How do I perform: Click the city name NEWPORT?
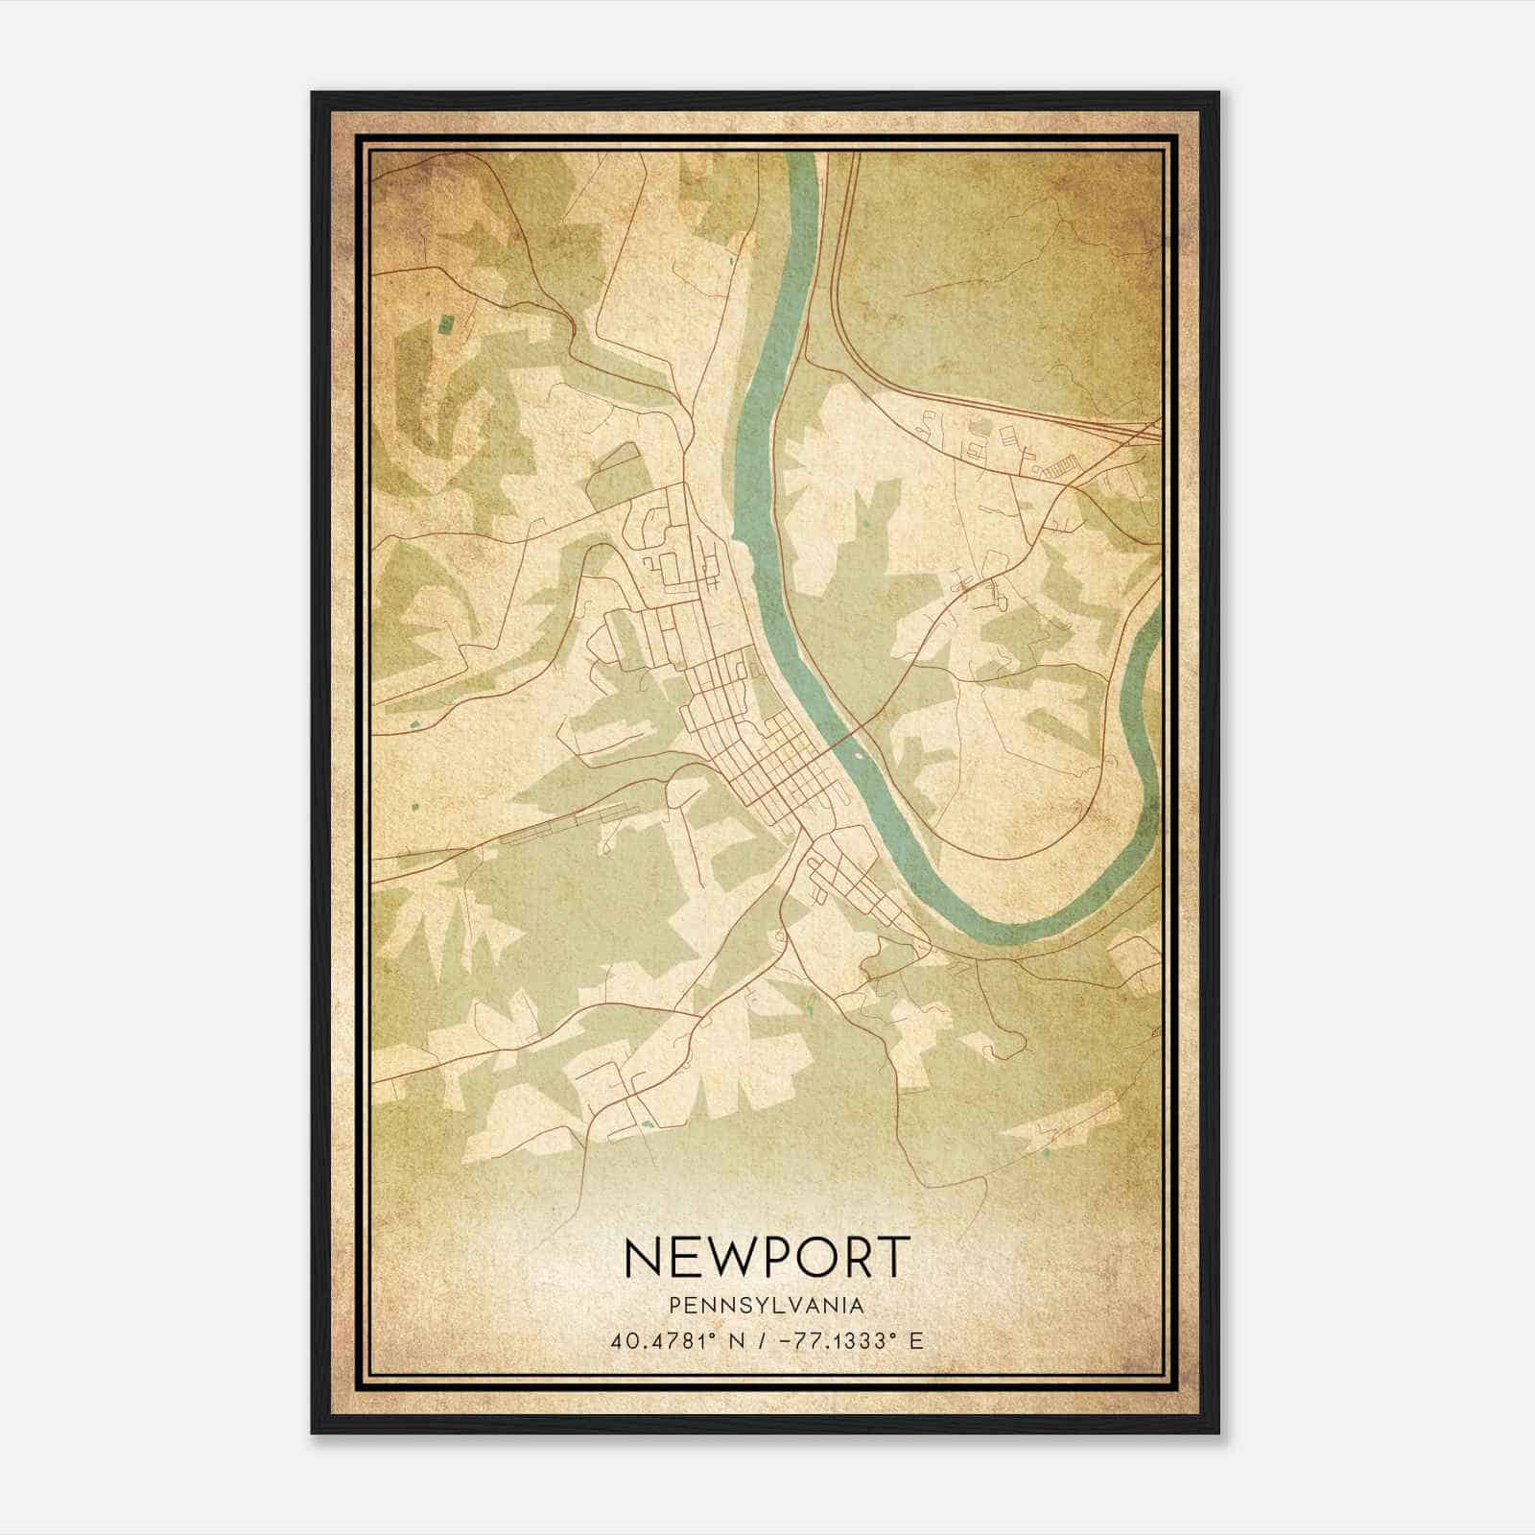click(x=767, y=1257)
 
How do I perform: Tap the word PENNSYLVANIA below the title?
click(x=767, y=1305)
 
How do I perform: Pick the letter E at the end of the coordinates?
click(x=917, y=1340)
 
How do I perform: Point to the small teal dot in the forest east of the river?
click(x=864, y=525)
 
